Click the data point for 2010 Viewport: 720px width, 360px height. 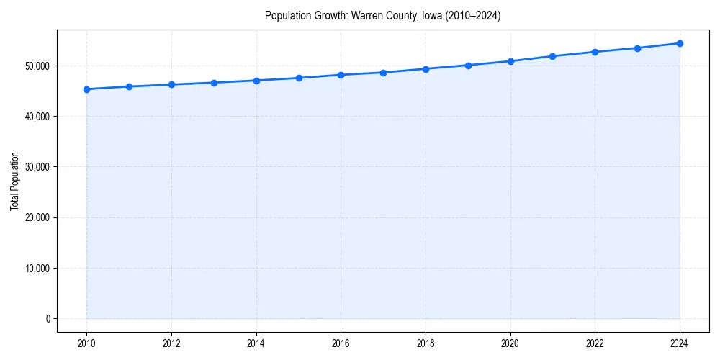pos(86,89)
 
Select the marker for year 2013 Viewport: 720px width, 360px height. pos(214,83)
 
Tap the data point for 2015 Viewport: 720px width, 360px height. pos(299,78)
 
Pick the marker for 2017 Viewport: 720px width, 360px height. pos(383,73)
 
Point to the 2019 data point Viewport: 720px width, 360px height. pos(468,66)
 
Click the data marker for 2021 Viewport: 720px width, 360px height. pos(552,56)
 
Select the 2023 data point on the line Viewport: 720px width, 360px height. pos(637,48)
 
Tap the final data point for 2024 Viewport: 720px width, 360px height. pos(680,43)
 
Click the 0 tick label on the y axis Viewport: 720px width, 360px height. pos(48,319)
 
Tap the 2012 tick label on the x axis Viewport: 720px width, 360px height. pos(171,343)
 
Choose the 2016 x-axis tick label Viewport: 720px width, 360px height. pos(341,343)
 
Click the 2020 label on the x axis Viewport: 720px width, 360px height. pos(510,343)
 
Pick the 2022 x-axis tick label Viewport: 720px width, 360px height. pos(595,343)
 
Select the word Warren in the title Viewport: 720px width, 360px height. pos(365,15)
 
